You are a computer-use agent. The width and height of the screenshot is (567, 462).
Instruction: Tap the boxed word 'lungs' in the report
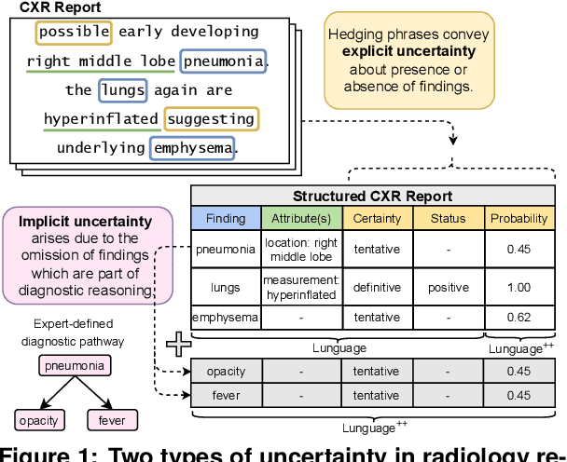123,90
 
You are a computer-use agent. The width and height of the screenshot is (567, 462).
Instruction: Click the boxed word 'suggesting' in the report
212,118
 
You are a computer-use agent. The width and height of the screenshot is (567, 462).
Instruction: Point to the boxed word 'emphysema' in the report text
193,147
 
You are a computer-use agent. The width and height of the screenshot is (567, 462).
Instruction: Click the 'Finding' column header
226,219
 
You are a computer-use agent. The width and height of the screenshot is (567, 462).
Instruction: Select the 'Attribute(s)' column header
302,219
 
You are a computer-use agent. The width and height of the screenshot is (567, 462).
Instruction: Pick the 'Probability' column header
518,219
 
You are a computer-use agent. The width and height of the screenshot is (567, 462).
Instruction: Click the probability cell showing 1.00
518,288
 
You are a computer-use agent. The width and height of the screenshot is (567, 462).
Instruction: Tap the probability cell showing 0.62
518,317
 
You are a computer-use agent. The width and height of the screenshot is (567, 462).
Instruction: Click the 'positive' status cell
448,288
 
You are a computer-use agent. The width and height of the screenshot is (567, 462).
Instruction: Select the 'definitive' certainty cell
377,288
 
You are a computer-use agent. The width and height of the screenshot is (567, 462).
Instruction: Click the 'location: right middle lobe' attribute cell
302,250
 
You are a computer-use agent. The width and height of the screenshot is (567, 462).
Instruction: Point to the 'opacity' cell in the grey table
226,372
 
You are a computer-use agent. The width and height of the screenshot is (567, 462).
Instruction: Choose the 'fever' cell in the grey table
226,396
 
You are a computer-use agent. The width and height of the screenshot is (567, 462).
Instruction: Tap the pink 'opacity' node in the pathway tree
38,419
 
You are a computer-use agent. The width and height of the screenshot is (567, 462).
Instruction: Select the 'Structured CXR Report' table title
372,197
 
